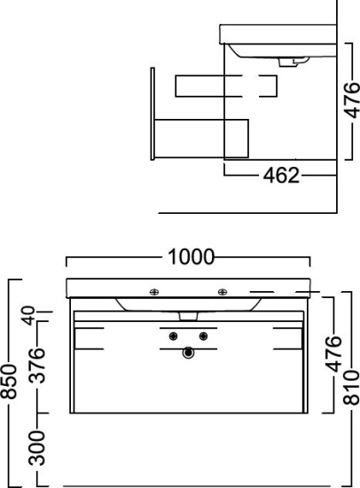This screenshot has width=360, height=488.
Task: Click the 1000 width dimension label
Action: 191,256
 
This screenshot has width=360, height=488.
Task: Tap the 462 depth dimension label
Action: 281,175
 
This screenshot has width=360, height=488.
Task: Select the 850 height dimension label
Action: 8,382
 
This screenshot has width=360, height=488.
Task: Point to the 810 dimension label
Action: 351,387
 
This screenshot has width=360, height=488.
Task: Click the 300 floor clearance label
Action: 36,448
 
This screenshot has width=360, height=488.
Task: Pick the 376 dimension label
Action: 36,365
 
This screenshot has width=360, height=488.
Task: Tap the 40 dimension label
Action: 29,316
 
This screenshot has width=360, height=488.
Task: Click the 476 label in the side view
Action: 353,100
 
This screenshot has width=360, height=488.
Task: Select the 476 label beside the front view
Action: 334,353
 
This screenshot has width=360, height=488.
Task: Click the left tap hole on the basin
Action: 154,292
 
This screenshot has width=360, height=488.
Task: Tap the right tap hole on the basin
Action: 223,292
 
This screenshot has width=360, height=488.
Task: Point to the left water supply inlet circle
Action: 173,336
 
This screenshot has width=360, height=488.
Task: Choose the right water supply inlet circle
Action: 203,336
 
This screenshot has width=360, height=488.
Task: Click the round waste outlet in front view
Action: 188,352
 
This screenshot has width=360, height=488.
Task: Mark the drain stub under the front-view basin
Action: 189,316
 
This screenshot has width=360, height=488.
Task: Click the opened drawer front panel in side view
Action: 153,114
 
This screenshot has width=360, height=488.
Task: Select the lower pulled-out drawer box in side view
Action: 201,138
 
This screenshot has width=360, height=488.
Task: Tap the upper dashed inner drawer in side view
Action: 226,86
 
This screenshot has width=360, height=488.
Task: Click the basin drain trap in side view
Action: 293,61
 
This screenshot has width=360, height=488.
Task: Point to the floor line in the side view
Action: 247,213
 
